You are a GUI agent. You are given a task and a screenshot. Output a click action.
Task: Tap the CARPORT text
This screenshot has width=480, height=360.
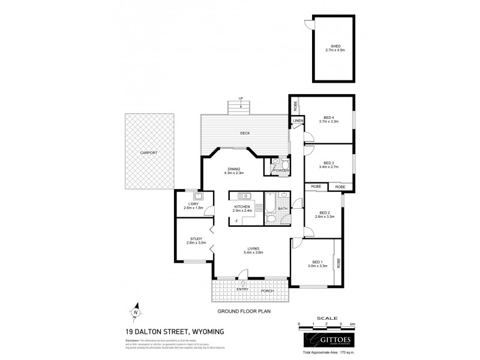pyautogui.click(x=149, y=153)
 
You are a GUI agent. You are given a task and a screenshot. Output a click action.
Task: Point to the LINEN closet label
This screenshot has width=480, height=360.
pyautogui.click(x=298, y=121)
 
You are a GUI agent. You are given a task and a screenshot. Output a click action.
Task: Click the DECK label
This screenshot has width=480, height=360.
pyautogui.click(x=244, y=133)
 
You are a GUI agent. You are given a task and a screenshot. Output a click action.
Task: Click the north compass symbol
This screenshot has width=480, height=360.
pyautogui.click(x=137, y=311)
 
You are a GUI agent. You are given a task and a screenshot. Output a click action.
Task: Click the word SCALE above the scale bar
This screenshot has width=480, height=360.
pyautogui.click(x=327, y=318)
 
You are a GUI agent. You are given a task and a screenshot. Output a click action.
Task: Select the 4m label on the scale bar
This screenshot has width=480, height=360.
pyautogui.click(x=353, y=324)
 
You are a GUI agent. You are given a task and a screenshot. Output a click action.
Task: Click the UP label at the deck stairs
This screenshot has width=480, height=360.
pyautogui.click(x=241, y=98)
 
